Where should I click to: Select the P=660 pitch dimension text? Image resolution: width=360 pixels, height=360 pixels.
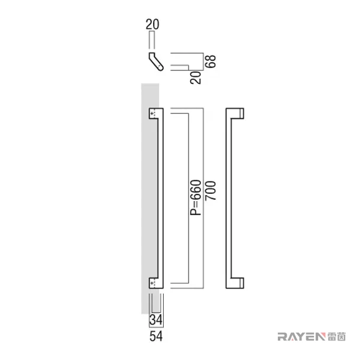click(196, 197)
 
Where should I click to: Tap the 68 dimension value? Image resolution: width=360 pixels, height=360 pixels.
click(210, 61)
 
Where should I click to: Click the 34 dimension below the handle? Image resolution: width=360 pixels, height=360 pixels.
click(156, 320)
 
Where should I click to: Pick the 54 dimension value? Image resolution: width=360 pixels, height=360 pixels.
click(156, 336)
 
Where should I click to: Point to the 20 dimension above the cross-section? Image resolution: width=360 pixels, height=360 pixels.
click(153, 24)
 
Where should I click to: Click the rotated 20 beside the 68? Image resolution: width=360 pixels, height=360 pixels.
click(196, 77)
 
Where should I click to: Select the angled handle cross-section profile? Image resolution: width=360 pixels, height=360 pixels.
click(156, 61)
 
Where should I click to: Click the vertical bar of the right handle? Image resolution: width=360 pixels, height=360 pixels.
click(228, 199)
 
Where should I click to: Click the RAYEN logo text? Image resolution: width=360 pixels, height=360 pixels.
click(301, 336)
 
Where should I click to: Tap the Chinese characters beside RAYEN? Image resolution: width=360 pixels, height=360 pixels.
click(336, 336)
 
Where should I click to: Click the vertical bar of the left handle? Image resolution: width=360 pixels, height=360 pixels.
click(161, 199)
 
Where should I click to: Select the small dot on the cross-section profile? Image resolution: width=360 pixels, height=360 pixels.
click(159, 66)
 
